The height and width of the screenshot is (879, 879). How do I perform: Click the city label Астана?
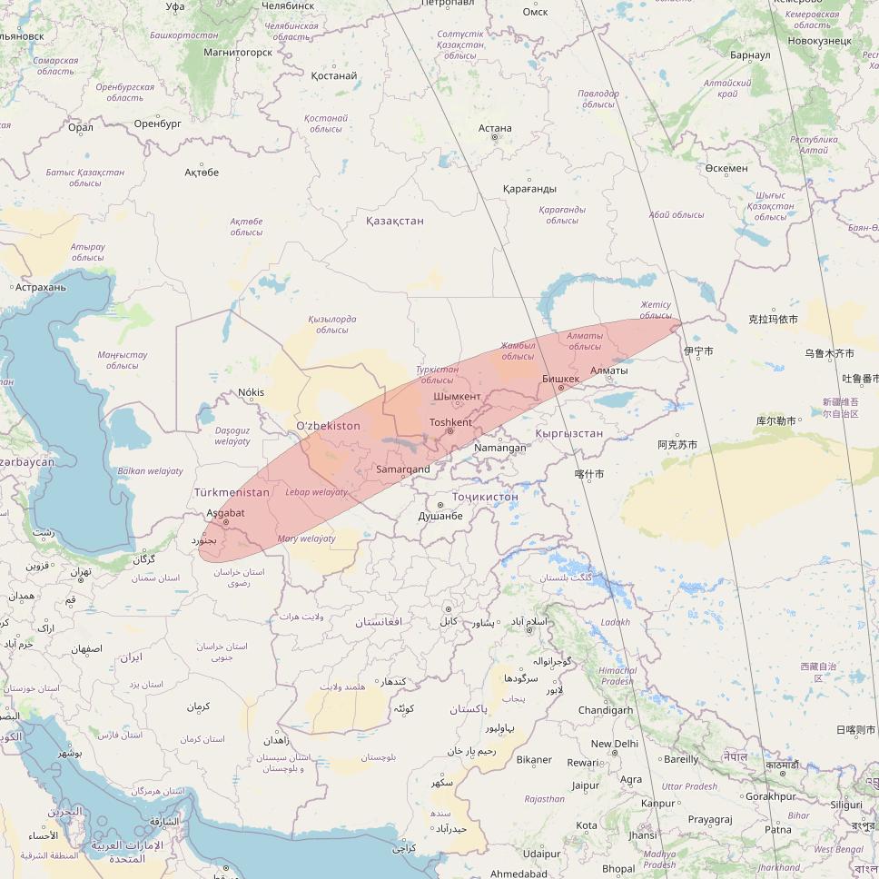[495, 128]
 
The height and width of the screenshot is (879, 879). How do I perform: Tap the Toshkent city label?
[450, 422]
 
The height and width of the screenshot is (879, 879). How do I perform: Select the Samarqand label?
[403, 469]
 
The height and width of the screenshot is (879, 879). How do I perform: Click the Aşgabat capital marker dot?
[226, 523]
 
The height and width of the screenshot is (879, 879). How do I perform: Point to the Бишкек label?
[560, 379]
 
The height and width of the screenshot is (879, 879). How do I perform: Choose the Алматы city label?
[608, 370]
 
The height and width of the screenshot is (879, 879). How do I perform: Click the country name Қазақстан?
[395, 221]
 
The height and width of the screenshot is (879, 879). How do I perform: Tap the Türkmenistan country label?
[232, 492]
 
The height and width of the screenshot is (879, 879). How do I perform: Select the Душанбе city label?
[440, 516]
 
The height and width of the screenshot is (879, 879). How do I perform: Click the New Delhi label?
[615, 744]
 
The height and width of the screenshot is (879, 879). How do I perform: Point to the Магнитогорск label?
[238, 53]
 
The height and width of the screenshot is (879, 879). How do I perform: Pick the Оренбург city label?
[158, 123]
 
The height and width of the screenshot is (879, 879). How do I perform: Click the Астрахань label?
[41, 287]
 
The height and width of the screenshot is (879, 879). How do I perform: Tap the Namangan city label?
[500, 448]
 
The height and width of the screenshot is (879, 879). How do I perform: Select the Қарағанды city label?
[529, 189]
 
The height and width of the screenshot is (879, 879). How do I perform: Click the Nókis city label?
[251, 392]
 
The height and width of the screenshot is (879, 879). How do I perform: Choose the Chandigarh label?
[606, 710]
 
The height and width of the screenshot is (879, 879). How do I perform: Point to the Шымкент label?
[458, 397]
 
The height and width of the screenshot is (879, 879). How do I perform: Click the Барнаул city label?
[750, 55]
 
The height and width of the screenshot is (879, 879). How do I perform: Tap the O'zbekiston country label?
[329, 426]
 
